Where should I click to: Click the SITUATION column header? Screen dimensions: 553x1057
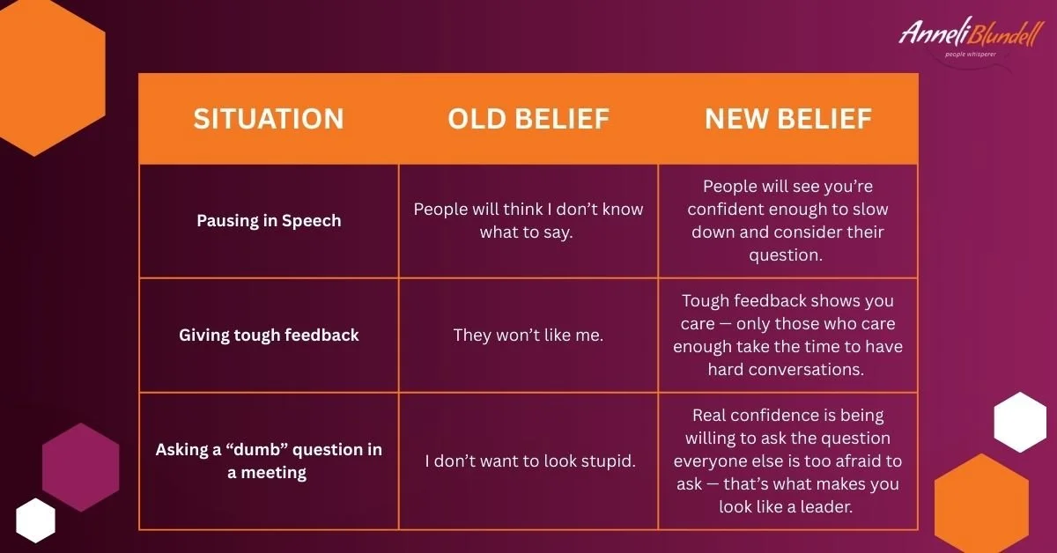[x=268, y=119]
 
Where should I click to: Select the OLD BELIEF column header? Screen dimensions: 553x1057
[x=528, y=119]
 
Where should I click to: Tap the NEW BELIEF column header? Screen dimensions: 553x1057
[x=787, y=119]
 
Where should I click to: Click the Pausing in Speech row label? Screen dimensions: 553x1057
[x=268, y=220]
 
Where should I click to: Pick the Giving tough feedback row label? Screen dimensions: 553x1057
[x=268, y=335]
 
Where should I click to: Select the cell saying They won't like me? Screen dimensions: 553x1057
[x=528, y=335]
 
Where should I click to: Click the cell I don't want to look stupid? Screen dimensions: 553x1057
[x=529, y=461]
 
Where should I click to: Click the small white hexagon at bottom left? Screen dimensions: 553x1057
[x=35, y=520]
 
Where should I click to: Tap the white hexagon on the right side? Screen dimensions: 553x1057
[x=1020, y=423]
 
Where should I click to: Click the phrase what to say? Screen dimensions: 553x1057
[x=528, y=232]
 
